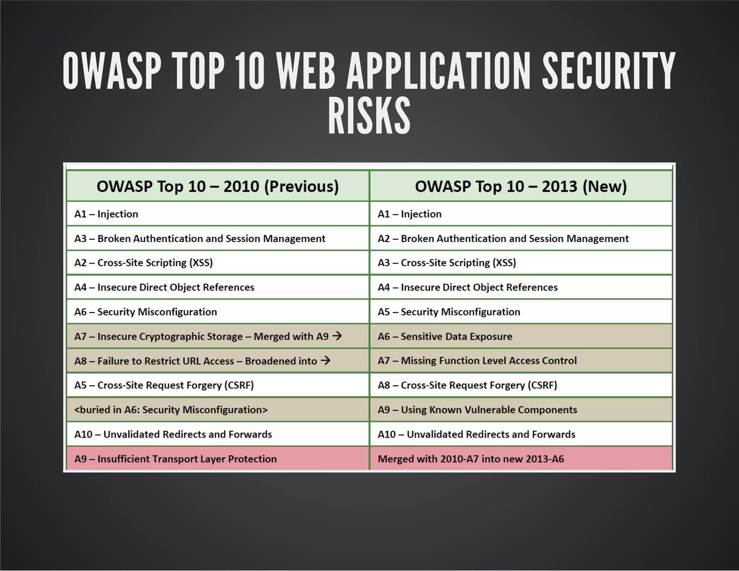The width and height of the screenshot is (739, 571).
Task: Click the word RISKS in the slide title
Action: (369, 116)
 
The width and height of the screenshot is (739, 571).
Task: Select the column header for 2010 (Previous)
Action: (218, 187)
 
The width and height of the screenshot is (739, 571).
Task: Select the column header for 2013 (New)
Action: (521, 187)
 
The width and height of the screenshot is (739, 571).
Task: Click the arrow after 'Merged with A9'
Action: (337, 336)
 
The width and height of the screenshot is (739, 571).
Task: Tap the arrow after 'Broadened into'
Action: (325, 361)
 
